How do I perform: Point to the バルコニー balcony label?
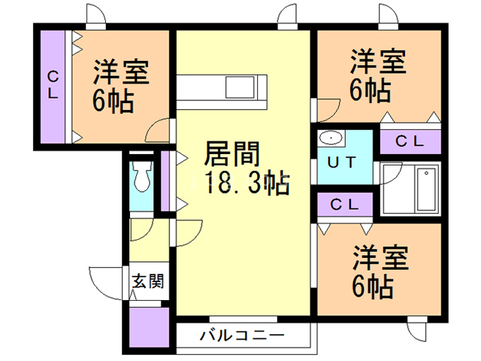pos(241,335)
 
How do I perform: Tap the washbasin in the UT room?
pos(330,140)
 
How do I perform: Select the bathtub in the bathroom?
pos(426,190)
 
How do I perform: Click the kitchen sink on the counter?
pos(243,86)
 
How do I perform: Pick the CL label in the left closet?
pos(54,84)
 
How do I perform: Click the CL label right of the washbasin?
pos(410,141)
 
